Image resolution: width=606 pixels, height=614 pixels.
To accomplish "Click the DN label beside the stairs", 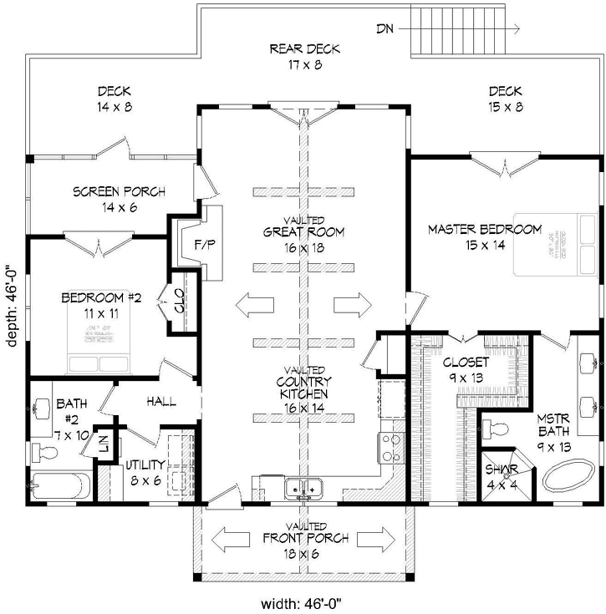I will coord(384,28).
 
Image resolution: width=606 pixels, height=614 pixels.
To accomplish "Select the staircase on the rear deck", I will coord(461,28).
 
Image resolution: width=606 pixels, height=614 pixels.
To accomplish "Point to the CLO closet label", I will coord(180,302).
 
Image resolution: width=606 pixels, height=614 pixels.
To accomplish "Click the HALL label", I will coord(161,402).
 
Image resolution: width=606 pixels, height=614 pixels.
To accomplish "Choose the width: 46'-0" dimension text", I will coord(303,600).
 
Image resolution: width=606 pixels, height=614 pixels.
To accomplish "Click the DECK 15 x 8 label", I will coord(506,99).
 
